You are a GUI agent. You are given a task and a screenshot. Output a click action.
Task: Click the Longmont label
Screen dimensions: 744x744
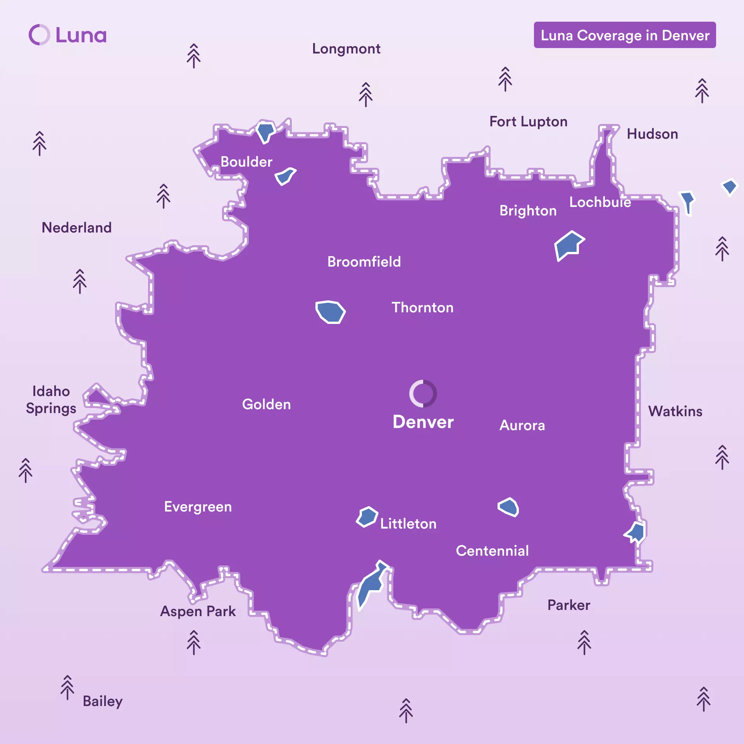pyautogui.click(x=346, y=49)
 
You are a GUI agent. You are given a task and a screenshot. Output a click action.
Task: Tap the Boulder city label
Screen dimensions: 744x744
pyautogui.click(x=246, y=162)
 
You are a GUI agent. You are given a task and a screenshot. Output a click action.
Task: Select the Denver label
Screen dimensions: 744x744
pyautogui.click(x=423, y=422)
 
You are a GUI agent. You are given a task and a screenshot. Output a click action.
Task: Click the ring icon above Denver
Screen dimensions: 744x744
pyautogui.click(x=423, y=393)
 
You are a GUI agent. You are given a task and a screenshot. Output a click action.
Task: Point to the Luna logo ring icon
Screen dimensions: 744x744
pyautogui.click(x=39, y=35)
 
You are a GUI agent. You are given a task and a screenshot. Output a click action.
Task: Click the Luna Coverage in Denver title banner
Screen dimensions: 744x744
pyautogui.click(x=625, y=35)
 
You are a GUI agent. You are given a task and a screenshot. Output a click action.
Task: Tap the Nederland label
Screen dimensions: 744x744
pyautogui.click(x=76, y=228)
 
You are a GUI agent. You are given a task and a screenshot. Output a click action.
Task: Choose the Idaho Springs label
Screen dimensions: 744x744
pyautogui.click(x=51, y=400)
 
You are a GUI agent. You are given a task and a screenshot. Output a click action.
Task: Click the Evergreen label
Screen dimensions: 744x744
pyautogui.click(x=198, y=507)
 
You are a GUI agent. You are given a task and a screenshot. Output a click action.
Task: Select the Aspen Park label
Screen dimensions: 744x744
pyautogui.click(x=198, y=611)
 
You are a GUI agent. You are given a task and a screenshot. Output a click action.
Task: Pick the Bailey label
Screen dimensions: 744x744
pyautogui.click(x=102, y=701)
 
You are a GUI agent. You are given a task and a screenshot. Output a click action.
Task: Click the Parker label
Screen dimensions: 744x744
pyautogui.click(x=568, y=605)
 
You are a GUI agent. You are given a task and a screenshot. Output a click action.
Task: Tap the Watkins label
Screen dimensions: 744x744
pyautogui.click(x=675, y=412)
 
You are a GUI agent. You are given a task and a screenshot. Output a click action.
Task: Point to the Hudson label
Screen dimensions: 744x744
pyautogui.click(x=652, y=134)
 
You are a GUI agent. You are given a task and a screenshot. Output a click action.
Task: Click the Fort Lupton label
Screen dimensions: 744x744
pyautogui.click(x=528, y=122)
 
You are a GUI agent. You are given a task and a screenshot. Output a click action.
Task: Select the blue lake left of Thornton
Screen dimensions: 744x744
pyautogui.click(x=330, y=312)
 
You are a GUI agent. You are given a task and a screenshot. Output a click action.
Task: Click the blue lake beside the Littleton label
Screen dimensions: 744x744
pyautogui.click(x=367, y=517)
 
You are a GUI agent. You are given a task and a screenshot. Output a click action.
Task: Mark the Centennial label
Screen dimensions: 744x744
pyautogui.click(x=492, y=551)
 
